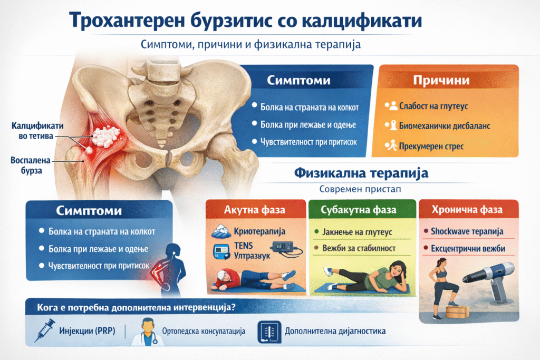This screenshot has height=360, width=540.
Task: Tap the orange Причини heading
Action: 441,80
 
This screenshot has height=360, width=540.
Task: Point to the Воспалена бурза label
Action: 30,165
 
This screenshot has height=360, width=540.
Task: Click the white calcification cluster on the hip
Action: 105,135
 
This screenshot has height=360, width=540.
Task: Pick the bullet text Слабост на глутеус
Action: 433,106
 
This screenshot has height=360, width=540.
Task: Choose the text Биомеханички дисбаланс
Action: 444,126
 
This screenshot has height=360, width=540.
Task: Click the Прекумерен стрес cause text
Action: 431,147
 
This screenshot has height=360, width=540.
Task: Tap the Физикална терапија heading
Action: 361,173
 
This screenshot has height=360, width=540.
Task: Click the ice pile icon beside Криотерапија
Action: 221,231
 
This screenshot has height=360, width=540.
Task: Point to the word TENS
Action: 243,246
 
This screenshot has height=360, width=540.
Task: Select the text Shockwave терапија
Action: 467,231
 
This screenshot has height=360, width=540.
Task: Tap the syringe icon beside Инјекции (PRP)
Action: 45,330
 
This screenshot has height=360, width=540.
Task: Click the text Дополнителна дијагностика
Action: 335,331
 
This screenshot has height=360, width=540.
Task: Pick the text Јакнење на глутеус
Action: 357,232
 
